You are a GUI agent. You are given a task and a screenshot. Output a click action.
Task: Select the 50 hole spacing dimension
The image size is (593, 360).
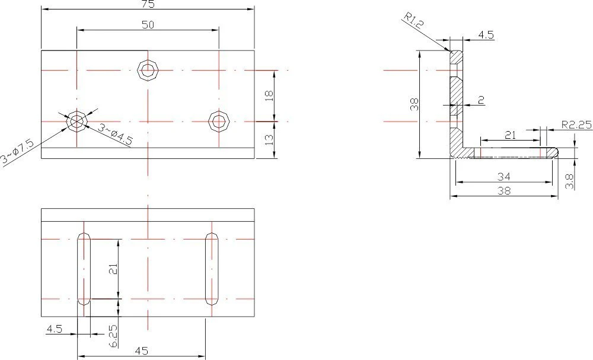(148, 25)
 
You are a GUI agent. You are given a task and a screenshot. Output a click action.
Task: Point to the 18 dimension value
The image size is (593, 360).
(269, 95)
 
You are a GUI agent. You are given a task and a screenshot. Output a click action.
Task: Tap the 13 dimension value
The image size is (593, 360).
(269, 140)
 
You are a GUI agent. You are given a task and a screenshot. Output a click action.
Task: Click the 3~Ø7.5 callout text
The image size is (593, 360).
(18, 152)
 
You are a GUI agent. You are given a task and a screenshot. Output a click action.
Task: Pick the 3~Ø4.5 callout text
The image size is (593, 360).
(116, 134)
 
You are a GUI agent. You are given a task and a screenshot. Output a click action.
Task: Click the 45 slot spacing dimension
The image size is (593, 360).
(142, 351)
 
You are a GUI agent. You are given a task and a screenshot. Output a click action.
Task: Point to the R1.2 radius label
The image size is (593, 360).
(413, 20)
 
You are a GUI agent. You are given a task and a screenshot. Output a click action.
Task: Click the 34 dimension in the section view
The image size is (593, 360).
(503, 177)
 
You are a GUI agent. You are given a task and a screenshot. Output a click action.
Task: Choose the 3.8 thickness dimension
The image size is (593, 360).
(569, 181)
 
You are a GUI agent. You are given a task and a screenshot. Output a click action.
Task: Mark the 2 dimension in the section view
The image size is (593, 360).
(481, 100)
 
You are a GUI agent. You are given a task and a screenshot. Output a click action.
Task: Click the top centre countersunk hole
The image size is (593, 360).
(148, 70)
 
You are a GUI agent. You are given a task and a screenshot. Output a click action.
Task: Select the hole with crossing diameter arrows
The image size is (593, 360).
(77, 122)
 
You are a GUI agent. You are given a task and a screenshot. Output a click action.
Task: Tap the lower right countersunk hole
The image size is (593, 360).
(219, 122)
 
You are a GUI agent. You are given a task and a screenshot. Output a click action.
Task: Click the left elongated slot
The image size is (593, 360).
(84, 269)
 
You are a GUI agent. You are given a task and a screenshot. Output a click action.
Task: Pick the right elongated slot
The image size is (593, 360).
(212, 269)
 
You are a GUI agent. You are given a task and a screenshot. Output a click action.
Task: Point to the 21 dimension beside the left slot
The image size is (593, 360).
(113, 269)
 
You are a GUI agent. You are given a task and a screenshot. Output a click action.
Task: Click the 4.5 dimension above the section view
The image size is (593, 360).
(486, 35)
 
